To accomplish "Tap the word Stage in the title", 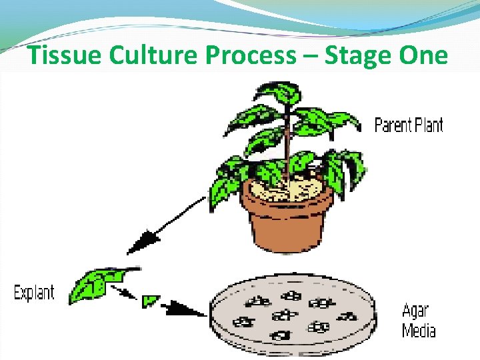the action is tap(361, 56).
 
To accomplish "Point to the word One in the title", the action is tap(425, 56).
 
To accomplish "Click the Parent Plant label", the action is tap(409, 125).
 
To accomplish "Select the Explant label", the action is tap(35, 292).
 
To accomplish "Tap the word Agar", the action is tap(415, 311).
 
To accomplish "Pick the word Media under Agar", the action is tap(419, 330).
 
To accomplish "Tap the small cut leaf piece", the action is tap(150, 301).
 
